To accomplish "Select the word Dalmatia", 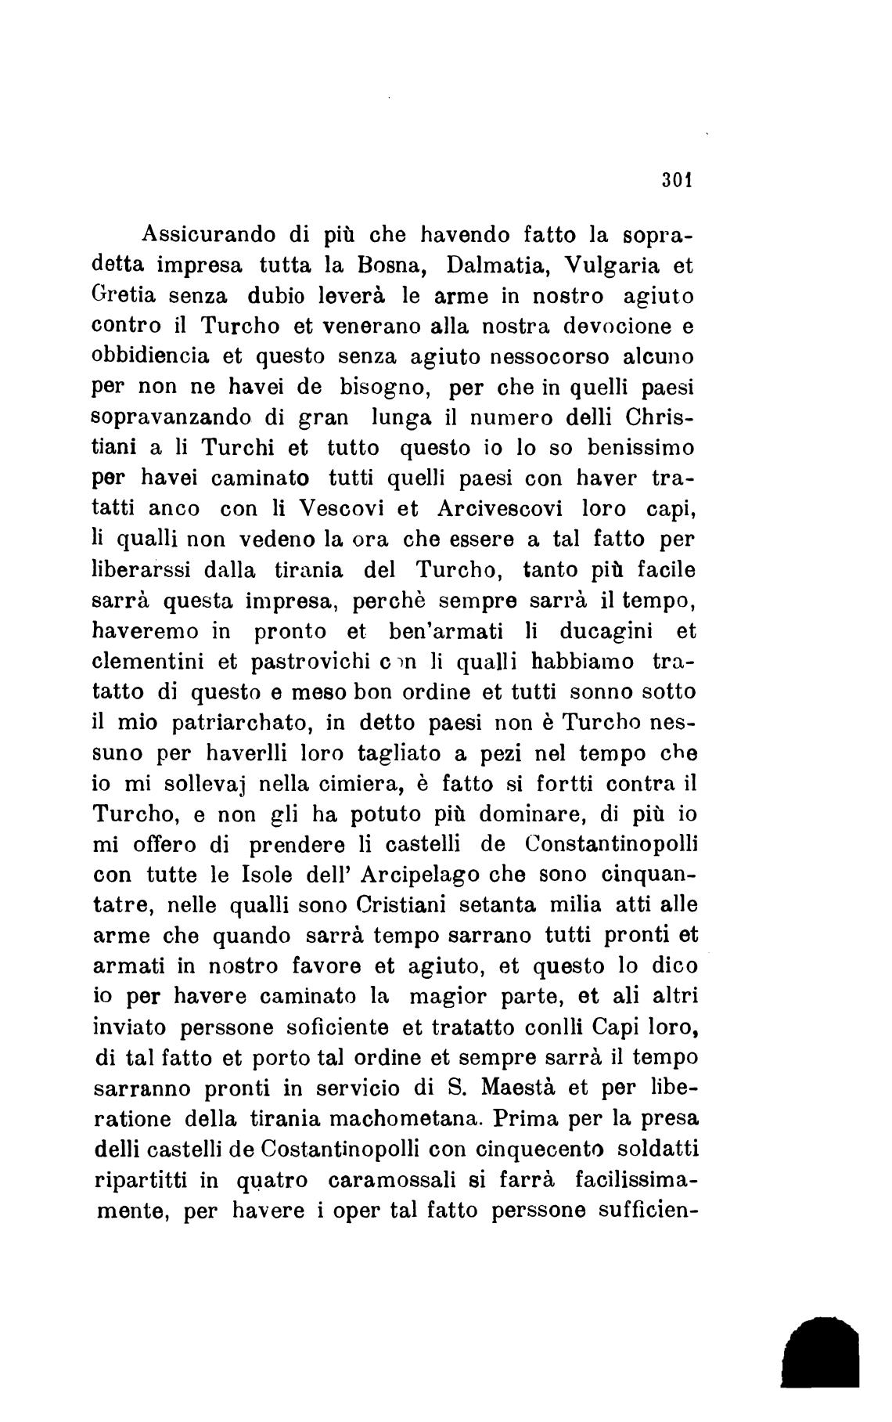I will click(496, 265).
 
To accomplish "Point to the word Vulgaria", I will click(607, 266).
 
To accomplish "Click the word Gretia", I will click(125, 297).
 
